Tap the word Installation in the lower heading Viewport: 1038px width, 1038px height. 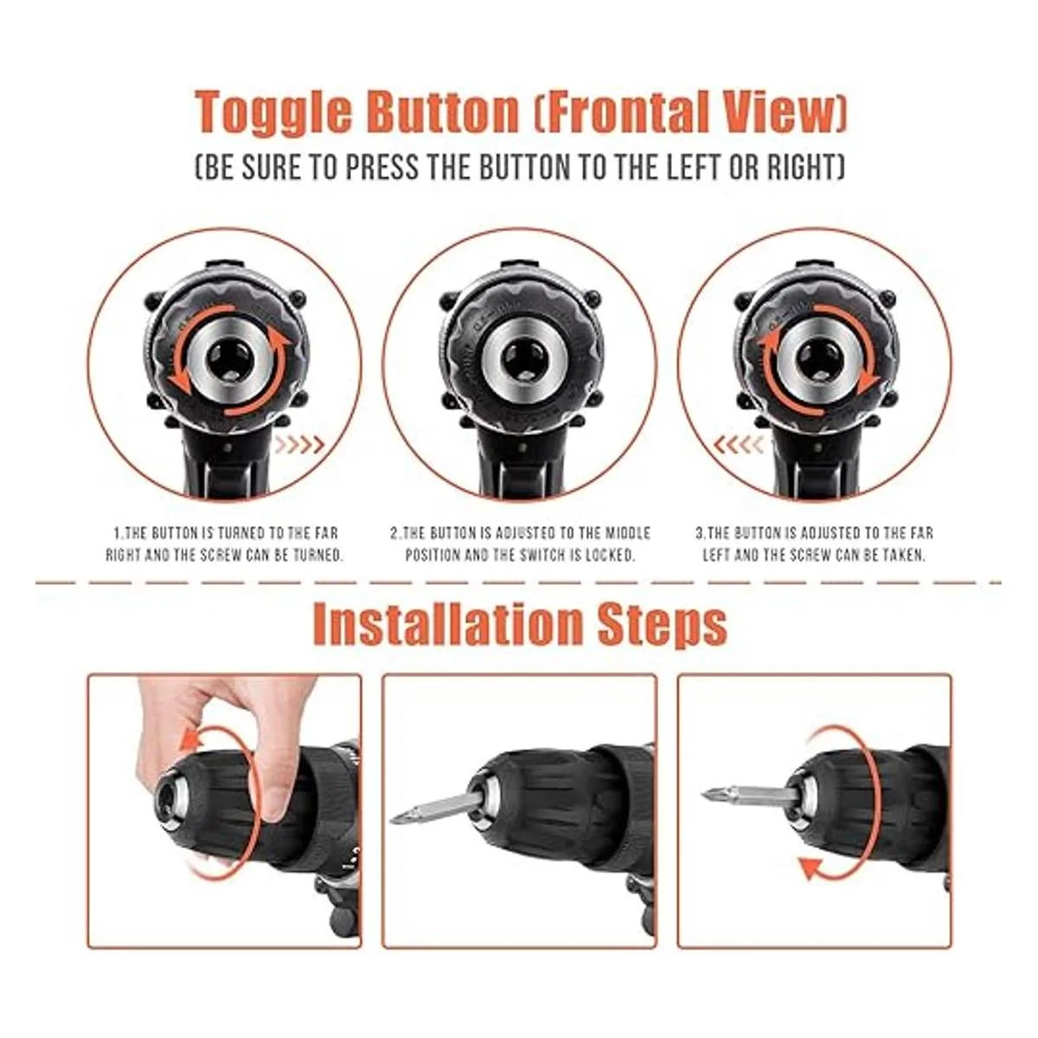click(447, 624)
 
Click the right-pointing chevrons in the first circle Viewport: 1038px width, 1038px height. click(299, 445)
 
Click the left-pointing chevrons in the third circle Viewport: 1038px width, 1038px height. click(739, 445)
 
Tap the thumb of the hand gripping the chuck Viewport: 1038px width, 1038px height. click(278, 808)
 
